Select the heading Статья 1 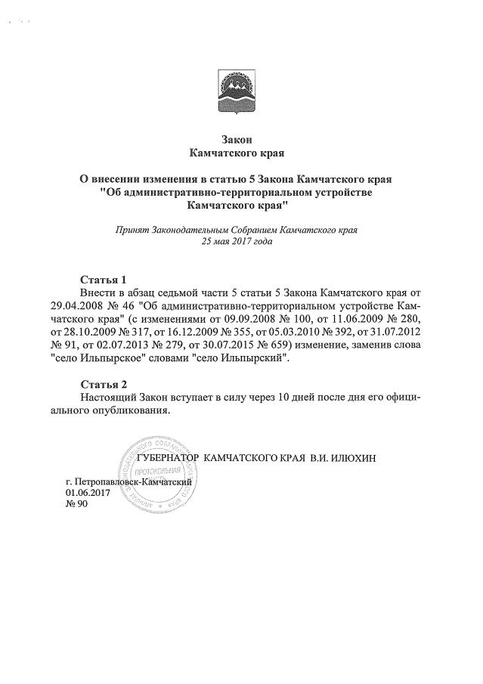click(104, 278)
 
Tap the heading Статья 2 click(104, 385)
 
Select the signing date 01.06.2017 click(88, 492)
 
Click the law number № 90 click(78, 505)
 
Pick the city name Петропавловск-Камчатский click(136, 481)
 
